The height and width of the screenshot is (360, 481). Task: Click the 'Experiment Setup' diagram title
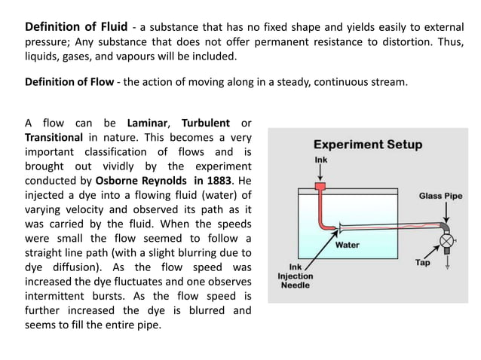pyautogui.click(x=367, y=144)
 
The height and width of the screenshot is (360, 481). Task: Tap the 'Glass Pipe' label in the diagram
pyautogui.click(x=440, y=196)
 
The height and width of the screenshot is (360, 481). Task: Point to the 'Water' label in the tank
pyautogui.click(x=347, y=245)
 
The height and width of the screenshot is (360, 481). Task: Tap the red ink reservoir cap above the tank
pyautogui.click(x=320, y=185)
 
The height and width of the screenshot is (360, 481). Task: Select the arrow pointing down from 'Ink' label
pyautogui.click(x=320, y=172)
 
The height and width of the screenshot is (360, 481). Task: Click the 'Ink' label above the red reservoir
pyautogui.click(x=320, y=160)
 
